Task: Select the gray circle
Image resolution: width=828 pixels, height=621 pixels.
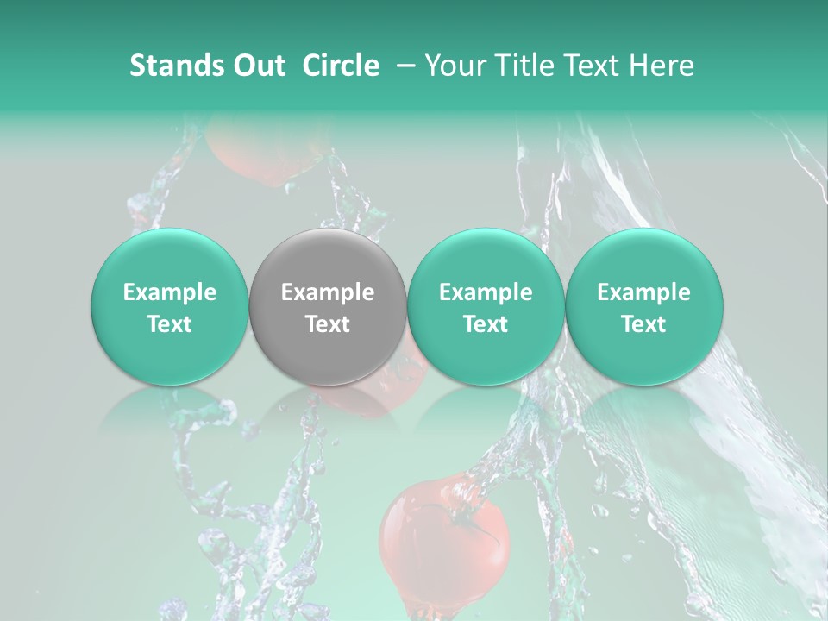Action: click(328, 306)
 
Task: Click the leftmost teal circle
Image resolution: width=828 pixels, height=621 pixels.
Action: click(169, 306)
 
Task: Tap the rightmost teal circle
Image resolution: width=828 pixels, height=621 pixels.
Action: click(643, 306)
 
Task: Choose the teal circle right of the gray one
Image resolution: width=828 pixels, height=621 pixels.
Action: click(486, 306)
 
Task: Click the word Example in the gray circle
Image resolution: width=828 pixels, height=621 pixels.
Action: click(328, 292)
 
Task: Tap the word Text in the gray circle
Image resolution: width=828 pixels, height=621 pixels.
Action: click(328, 324)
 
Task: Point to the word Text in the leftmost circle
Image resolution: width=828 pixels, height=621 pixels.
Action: click(169, 324)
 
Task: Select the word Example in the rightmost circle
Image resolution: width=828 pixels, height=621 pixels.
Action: click(643, 292)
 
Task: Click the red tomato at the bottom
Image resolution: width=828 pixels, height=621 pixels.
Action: click(431, 543)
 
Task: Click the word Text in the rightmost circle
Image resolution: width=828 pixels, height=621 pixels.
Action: click(643, 324)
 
